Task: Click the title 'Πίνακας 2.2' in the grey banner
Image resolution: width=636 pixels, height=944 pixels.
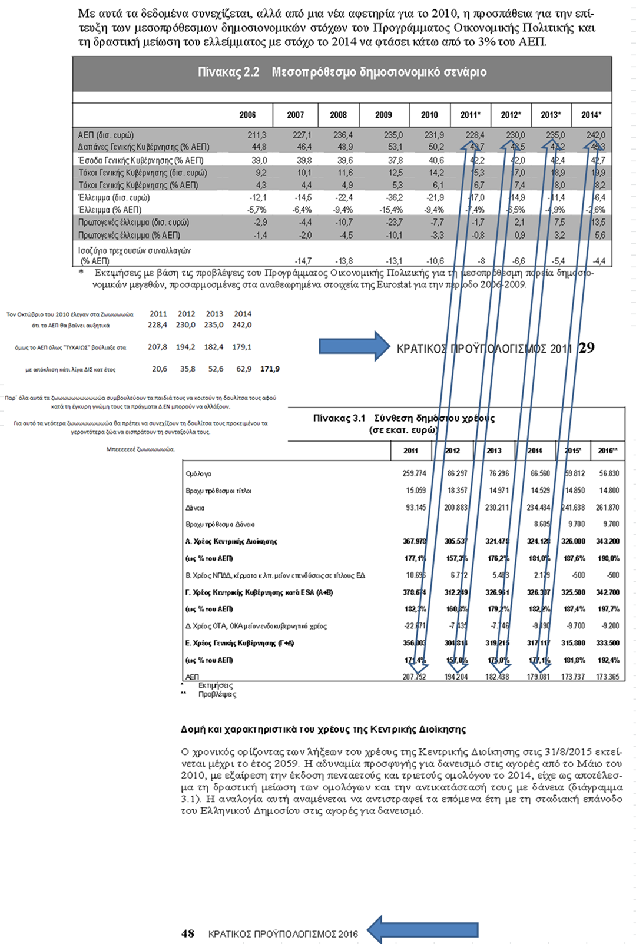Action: point(228,72)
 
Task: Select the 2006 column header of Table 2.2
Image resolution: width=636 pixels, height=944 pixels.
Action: point(247,115)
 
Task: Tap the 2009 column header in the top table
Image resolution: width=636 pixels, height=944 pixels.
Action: point(383,115)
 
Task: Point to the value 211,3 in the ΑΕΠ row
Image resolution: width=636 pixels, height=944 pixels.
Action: point(257,135)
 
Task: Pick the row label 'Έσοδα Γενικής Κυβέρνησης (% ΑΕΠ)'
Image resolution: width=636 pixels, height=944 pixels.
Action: point(141,160)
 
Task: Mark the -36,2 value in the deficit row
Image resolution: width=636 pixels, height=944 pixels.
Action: point(394,197)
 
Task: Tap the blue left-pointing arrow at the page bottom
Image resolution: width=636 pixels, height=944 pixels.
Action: point(422,930)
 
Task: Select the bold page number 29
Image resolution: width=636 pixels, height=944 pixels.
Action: point(587,348)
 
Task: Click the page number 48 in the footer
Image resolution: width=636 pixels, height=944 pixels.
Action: point(188,933)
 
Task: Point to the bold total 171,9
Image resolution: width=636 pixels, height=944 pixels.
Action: point(270,369)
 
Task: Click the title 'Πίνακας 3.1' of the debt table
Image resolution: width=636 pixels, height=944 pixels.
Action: point(339,418)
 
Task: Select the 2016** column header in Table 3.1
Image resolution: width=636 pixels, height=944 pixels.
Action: point(608,451)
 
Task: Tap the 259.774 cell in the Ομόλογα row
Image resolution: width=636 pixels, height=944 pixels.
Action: point(414,473)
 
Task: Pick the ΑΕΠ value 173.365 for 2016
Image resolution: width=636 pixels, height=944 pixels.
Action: point(607,677)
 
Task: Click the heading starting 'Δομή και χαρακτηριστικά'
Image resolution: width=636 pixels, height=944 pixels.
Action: point(323,729)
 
